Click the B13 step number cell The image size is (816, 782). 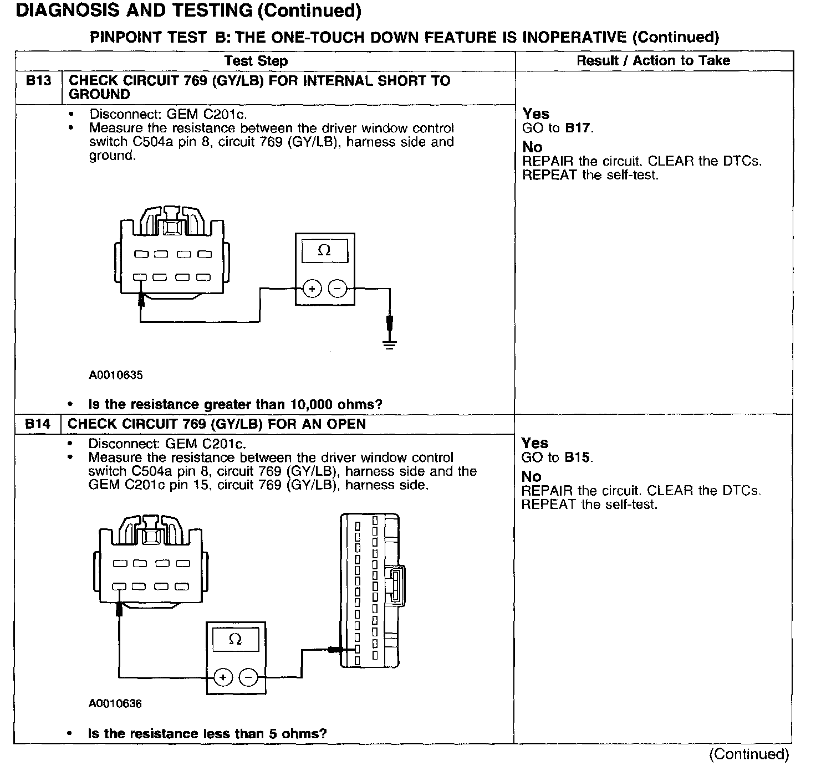(x=38, y=81)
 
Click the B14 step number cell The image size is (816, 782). (x=38, y=424)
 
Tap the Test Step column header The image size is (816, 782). (x=256, y=61)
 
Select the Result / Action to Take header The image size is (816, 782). (x=653, y=60)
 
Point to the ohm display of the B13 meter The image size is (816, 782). (x=324, y=250)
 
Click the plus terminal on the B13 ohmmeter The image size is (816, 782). (x=312, y=289)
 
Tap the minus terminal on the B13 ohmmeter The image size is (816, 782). (x=338, y=289)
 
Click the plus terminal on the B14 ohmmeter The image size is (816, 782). (x=223, y=677)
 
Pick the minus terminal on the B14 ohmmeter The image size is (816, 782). (x=248, y=677)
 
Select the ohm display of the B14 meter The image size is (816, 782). (x=235, y=640)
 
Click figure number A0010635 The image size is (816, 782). (x=115, y=375)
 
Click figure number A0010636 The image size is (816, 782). (x=115, y=704)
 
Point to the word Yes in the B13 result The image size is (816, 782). (x=535, y=114)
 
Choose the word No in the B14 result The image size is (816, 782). (x=531, y=476)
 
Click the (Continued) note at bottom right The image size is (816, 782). (x=748, y=754)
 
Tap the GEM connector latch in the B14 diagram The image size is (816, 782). (x=397, y=585)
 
